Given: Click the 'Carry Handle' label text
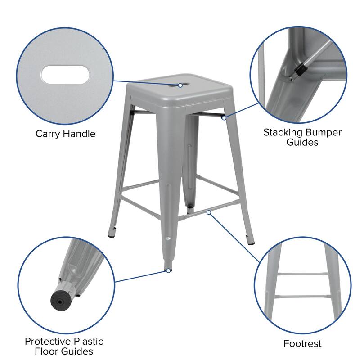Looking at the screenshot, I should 66,134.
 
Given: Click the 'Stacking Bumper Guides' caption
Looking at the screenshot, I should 302,137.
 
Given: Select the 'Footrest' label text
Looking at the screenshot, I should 302,344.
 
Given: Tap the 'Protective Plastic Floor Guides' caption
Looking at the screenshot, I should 64,346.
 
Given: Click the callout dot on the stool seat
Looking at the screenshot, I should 180,85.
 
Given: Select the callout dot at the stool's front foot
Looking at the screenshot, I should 168,270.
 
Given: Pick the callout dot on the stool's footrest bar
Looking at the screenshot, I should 208,211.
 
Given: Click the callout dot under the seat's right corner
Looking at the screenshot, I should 224,118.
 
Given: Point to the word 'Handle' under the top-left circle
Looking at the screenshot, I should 80,134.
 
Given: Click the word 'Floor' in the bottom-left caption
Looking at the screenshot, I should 48,351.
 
